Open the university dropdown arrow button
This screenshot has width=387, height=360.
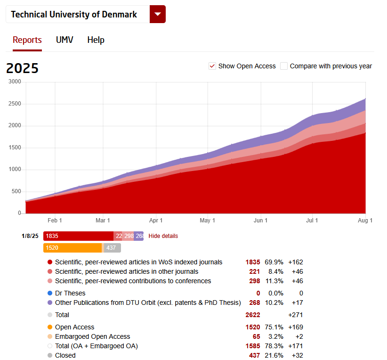coord(157,14)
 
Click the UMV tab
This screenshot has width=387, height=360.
coord(64,40)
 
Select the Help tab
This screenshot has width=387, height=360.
coord(96,40)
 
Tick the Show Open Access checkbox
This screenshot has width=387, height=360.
coord(212,66)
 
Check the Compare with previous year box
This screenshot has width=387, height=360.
coord(284,66)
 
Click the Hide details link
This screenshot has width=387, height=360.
coord(163,236)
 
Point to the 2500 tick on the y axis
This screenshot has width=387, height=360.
coord(15,104)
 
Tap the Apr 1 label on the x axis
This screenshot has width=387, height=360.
coord(156,221)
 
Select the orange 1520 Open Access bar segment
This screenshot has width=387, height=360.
coord(73,248)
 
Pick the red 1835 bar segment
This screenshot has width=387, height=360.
coord(78,236)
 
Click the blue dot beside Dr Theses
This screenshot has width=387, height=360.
coord(50,293)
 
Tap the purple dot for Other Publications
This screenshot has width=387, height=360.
coord(50,303)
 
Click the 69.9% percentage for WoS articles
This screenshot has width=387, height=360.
coord(274,262)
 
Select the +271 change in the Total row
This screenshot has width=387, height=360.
coord(295,315)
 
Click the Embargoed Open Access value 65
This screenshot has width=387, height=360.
coord(256,336)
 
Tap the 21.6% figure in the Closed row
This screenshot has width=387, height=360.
coord(274,355)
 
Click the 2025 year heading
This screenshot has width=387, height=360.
coord(22,68)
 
